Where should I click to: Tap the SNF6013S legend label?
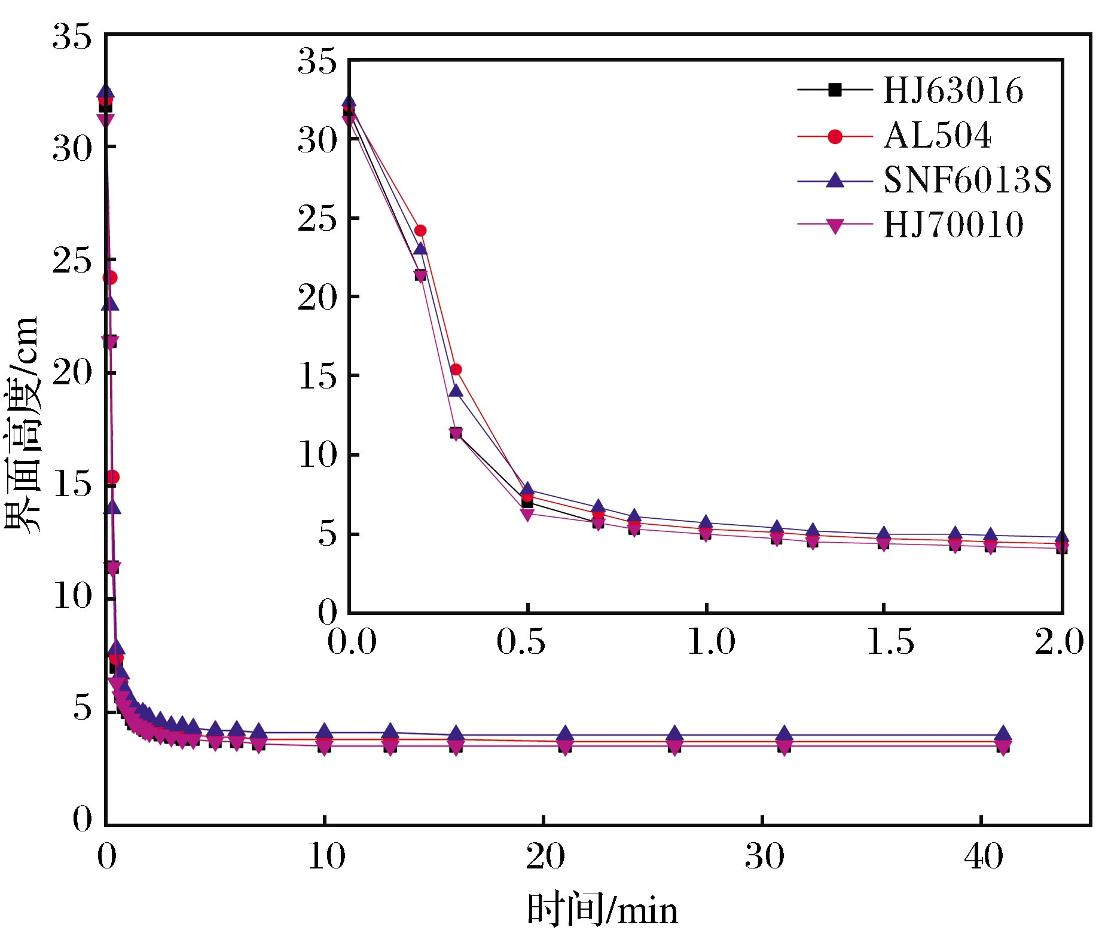point(967,180)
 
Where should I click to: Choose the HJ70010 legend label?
point(953,225)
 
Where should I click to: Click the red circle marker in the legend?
point(835,137)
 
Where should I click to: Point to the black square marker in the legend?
point(835,90)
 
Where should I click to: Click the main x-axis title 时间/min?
point(602,910)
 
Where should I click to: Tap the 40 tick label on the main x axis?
point(982,857)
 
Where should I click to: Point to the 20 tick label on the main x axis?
point(544,857)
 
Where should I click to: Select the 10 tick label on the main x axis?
point(326,857)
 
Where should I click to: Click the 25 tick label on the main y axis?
point(72,260)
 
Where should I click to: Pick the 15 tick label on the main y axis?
point(72,484)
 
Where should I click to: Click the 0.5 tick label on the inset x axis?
point(521,642)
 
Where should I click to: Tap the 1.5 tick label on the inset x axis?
point(890,642)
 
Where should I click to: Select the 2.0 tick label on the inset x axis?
point(1059,642)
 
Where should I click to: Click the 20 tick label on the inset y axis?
point(318,297)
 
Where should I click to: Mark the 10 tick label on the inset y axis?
point(318,455)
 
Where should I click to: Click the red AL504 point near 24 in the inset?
point(420,231)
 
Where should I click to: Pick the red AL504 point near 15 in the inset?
point(456,369)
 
